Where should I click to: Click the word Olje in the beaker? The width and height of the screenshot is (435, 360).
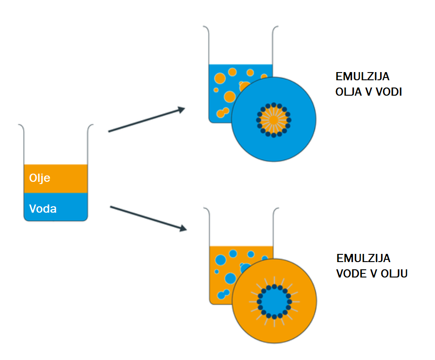[39, 178]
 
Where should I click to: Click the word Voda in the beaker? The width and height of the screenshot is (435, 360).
[43, 209]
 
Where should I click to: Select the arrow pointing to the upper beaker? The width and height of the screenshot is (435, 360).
[147, 120]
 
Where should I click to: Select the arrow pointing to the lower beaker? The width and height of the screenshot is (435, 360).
[148, 218]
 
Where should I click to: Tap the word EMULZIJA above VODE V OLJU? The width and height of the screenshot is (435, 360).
[363, 258]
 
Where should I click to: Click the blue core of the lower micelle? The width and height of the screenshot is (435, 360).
[274, 302]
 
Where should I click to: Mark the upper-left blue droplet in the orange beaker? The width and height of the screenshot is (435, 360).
[220, 260]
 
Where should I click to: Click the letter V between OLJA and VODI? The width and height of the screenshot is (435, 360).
[369, 92]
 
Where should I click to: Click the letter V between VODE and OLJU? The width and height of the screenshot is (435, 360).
[373, 274]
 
